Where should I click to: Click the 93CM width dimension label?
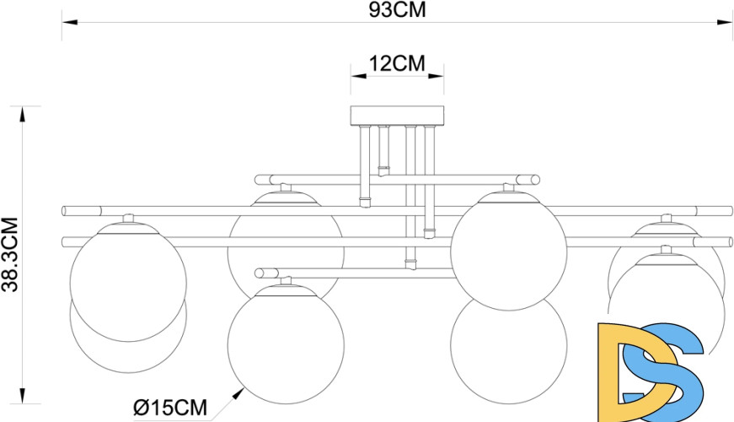point(398,10)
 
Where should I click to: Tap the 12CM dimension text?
point(398,64)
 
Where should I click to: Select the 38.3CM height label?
point(10,255)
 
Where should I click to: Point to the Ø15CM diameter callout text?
point(170,408)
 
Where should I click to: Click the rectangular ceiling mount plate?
point(398,116)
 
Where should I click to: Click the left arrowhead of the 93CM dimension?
point(70,22)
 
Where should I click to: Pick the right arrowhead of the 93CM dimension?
point(725,22)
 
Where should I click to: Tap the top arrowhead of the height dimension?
point(22,114)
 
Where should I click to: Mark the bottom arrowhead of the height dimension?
point(22,396)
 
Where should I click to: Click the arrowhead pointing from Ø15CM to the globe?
point(238,393)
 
